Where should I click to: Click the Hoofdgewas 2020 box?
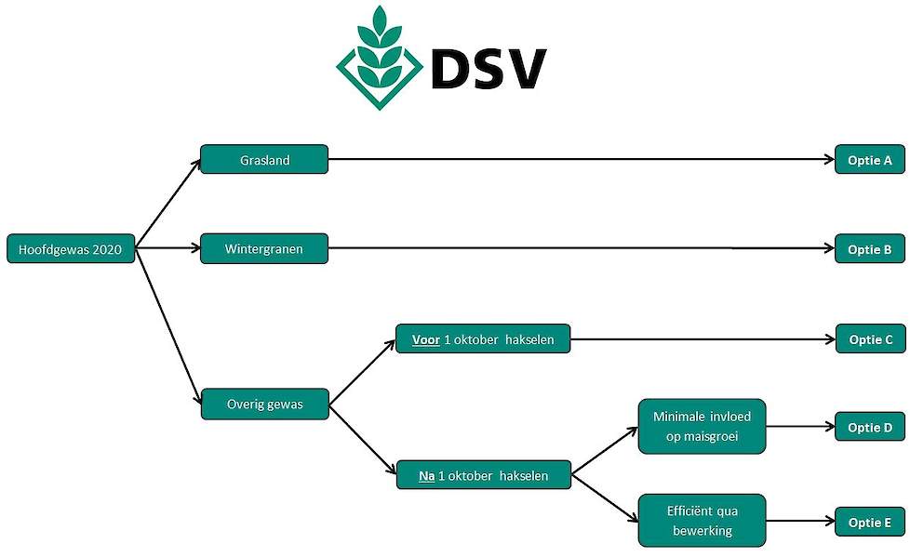point(71,249)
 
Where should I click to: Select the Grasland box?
point(264,160)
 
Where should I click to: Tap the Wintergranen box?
point(264,249)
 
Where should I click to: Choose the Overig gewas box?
point(264,404)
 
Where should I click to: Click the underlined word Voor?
point(426,339)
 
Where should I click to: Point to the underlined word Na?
point(426,476)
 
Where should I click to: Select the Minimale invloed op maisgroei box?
point(702,427)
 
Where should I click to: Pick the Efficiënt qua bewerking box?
point(702,521)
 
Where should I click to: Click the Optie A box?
point(870,160)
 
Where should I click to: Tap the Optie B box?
point(870,249)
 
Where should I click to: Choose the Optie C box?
point(871,338)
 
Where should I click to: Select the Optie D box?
point(870,427)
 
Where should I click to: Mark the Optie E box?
point(870,523)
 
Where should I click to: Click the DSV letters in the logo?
point(488,69)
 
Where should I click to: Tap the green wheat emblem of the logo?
point(380,58)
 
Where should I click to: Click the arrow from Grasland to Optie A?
point(582,159)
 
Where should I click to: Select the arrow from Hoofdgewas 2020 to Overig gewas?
point(167,326)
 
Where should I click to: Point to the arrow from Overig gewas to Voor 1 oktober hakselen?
point(362,372)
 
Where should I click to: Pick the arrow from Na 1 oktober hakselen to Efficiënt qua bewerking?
point(605,497)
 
